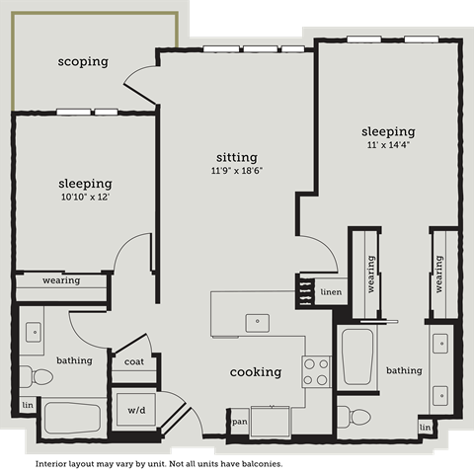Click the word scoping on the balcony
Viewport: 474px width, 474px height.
(83, 62)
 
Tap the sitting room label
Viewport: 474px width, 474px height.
(237, 157)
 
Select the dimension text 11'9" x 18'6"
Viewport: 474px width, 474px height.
(237, 170)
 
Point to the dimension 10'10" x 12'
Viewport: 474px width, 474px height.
(84, 197)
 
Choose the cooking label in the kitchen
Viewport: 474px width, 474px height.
(256, 372)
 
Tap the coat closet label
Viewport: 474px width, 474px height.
(135, 361)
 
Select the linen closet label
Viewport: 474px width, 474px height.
(331, 292)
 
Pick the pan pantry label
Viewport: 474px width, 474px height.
(239, 422)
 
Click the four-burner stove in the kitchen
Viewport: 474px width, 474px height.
(316, 371)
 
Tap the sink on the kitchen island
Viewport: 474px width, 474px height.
(258, 320)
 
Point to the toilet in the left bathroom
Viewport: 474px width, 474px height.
(38, 376)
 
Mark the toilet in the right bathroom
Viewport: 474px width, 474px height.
(348, 415)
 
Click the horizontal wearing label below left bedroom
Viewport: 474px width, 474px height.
(61, 281)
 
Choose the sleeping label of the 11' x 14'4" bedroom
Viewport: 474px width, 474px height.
(388, 131)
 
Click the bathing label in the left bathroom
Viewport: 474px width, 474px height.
(74, 360)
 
